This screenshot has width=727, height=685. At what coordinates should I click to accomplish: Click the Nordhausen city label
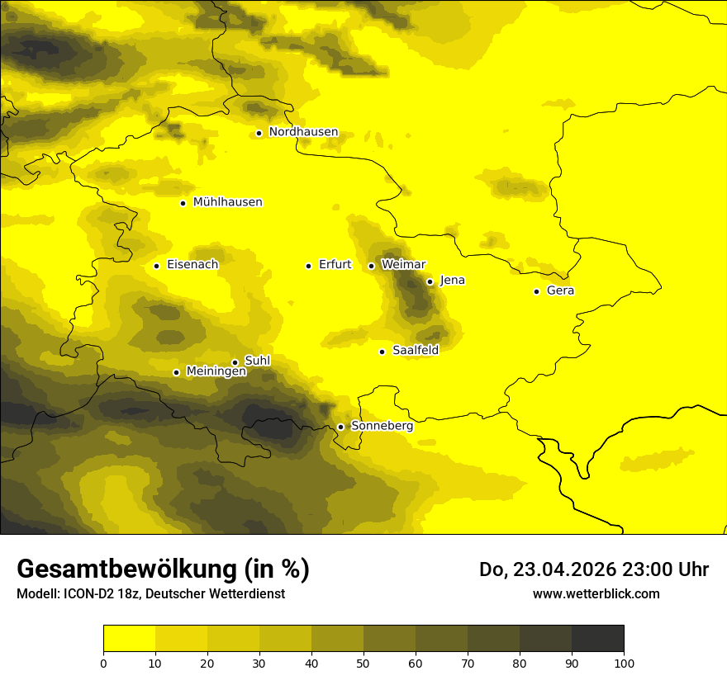coord(303,132)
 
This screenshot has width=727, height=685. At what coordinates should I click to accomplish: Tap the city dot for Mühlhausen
coord(183,203)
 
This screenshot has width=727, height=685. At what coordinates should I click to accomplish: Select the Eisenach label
coord(192,265)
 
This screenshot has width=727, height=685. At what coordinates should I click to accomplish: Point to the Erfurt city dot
coord(308,266)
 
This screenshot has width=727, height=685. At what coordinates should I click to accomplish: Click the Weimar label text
coord(404,265)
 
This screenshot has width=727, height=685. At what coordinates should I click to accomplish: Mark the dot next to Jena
coord(430,281)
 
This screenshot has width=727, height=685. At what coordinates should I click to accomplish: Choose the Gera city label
coord(560,291)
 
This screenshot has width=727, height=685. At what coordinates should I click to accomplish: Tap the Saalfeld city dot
coord(382,352)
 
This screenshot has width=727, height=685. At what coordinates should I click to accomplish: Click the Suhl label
coord(257,361)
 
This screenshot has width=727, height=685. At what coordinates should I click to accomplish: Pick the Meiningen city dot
coord(176,372)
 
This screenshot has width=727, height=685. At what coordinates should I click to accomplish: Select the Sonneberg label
coord(382,426)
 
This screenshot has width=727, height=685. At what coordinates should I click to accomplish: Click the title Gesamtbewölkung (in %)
coord(163,569)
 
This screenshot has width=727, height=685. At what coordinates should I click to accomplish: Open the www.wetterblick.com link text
coord(596,594)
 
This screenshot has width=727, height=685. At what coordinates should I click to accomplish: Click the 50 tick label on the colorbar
coord(363,662)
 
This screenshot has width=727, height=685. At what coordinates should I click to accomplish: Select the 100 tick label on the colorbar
coord(623,662)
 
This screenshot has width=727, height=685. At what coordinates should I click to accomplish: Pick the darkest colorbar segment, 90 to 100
coord(597,638)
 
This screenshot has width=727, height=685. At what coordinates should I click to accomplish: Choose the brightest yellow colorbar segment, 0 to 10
coord(129,638)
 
